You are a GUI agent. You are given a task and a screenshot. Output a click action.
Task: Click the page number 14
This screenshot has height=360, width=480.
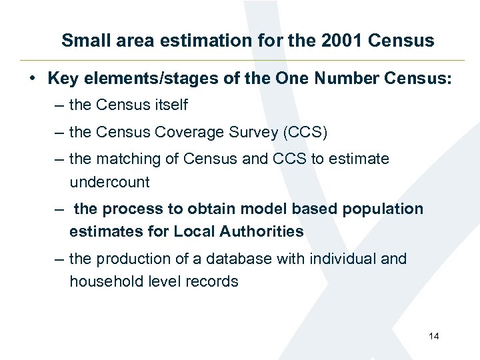point(433,336)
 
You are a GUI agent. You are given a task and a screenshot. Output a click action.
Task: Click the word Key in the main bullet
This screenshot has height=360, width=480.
point(62,79)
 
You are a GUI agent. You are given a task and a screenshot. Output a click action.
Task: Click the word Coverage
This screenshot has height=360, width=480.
point(183,132)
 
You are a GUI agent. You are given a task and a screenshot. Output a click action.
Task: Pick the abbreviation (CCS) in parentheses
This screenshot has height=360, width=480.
point(305,132)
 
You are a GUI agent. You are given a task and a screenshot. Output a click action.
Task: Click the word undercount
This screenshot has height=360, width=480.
point(109,182)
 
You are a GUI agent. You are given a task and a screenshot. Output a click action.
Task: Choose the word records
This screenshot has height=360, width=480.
point(213,281)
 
